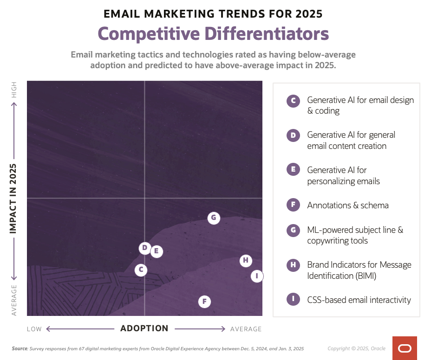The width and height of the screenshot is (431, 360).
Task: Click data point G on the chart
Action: pyautogui.click(x=214, y=218)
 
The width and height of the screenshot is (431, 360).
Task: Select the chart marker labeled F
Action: pyautogui.click(x=204, y=302)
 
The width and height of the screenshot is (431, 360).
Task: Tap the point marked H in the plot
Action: pyautogui.click(x=246, y=261)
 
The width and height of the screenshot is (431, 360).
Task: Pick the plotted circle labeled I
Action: pyautogui.click(x=257, y=276)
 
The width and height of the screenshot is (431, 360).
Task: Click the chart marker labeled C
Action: pyautogui.click(x=141, y=270)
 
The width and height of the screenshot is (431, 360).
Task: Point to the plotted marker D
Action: pyautogui.click(x=145, y=248)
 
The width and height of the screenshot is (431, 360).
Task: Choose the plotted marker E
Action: pyautogui.click(x=157, y=252)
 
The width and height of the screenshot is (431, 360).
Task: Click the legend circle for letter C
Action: pyautogui.click(x=293, y=101)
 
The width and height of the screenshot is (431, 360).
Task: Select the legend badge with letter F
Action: pyautogui.click(x=293, y=206)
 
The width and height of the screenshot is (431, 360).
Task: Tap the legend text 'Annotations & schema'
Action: pyautogui.click(x=348, y=206)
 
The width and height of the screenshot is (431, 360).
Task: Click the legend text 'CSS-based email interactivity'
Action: pyautogui.click(x=359, y=300)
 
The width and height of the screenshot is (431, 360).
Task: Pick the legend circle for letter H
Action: pyautogui.click(x=293, y=265)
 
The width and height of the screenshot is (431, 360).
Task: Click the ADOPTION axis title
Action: pyautogui.click(x=144, y=328)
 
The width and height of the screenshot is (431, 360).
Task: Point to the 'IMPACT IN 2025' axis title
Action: pyautogui.click(x=14, y=198)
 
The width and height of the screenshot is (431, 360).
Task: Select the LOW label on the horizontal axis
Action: pyautogui.click(x=34, y=329)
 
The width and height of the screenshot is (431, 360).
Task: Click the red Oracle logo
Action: pyautogui.click(x=405, y=348)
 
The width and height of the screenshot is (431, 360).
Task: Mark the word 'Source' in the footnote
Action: pyautogui.click(x=20, y=348)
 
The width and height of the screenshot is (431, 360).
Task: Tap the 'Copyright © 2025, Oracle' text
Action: pyautogui.click(x=356, y=348)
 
